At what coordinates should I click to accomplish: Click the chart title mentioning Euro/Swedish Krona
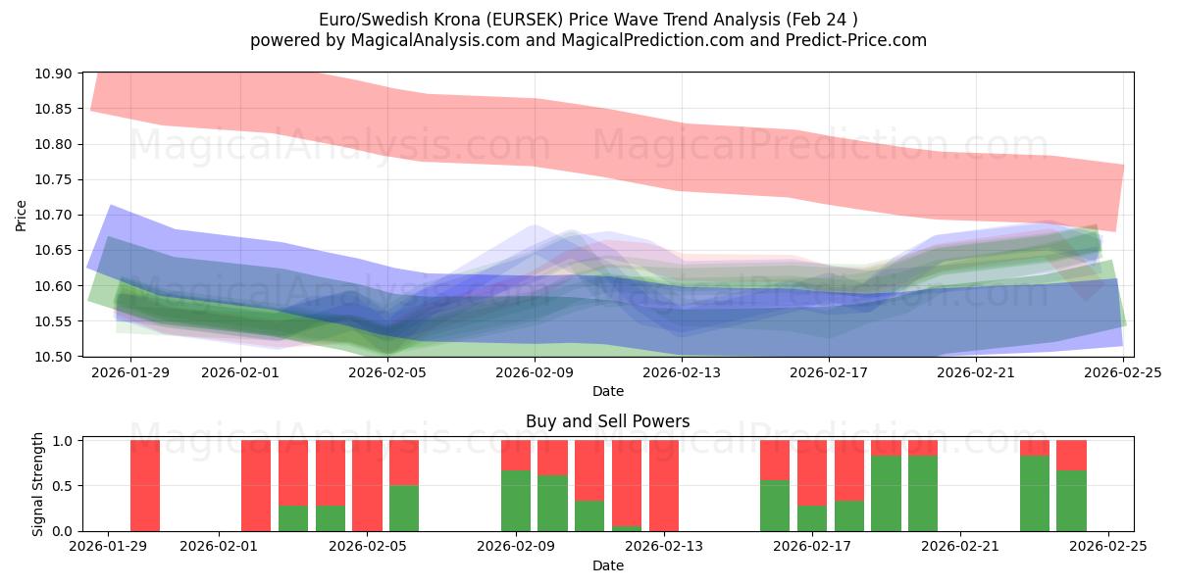[x=588, y=20]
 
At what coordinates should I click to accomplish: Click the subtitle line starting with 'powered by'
[x=588, y=40]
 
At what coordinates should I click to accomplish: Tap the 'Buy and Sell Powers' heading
[x=607, y=421]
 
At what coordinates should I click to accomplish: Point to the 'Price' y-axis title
[x=22, y=215]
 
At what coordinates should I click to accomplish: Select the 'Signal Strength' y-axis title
[x=37, y=483]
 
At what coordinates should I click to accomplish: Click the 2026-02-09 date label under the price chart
[x=535, y=372]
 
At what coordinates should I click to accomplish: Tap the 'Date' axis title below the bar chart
[x=607, y=565]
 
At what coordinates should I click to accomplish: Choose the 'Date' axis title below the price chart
[x=607, y=391]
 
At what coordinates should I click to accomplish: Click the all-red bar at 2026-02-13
[x=664, y=485]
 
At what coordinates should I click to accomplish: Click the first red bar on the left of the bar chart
[x=145, y=485]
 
